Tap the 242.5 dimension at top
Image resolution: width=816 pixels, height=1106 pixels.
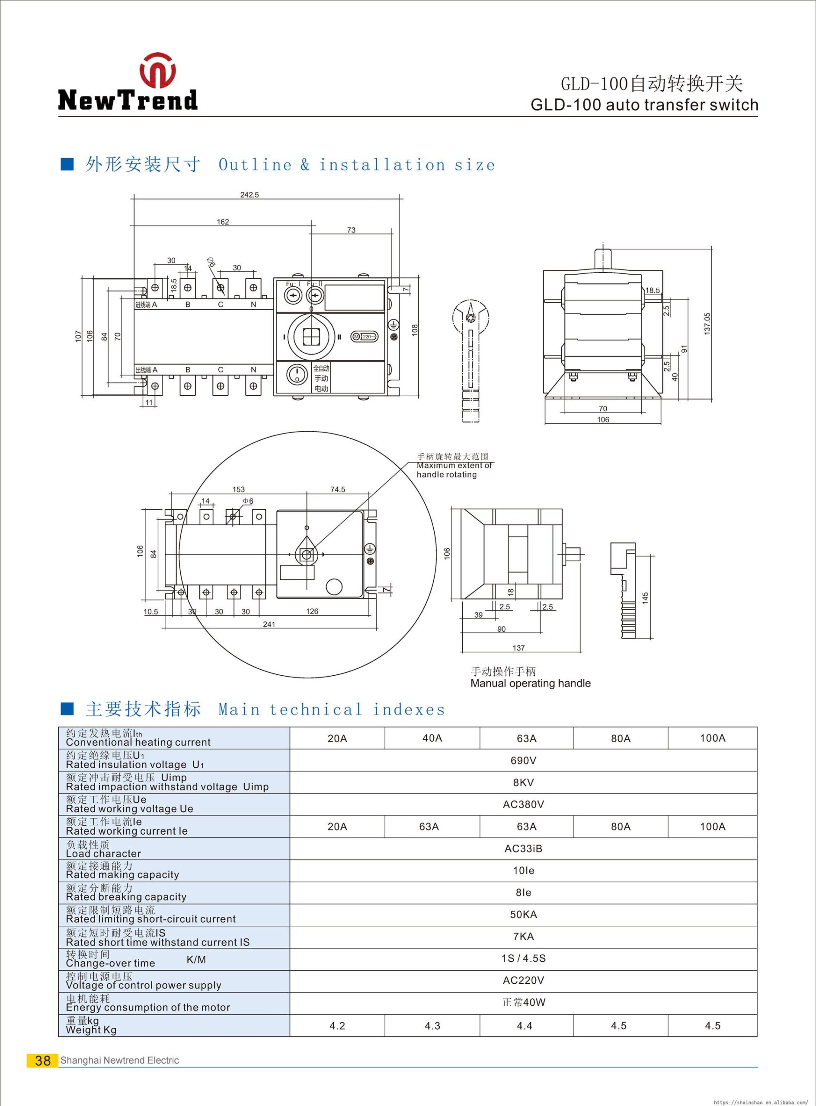coord(250,195)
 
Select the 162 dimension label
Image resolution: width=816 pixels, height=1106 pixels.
coord(223,222)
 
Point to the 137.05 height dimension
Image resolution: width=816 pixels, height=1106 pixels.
coord(707,324)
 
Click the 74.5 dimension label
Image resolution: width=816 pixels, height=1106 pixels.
coord(337,489)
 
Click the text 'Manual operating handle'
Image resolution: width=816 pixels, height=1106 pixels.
coord(530,683)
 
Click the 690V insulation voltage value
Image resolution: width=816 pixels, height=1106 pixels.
coord(523,760)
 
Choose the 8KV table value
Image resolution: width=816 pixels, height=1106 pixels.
coord(523,783)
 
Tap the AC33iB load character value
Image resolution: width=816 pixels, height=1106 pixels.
coord(523,849)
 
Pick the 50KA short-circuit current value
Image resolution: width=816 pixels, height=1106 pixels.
coord(523,915)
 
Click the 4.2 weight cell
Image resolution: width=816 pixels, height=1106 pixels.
coord(337,1026)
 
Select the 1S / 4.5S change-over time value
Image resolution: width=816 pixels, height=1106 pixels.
coord(523,958)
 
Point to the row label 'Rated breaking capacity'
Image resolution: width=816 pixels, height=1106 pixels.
coord(126,897)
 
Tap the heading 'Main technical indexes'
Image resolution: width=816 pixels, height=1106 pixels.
coord(331,710)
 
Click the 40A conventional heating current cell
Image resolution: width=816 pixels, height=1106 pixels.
coord(432,738)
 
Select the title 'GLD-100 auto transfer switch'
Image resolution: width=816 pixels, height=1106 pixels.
coord(644,105)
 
